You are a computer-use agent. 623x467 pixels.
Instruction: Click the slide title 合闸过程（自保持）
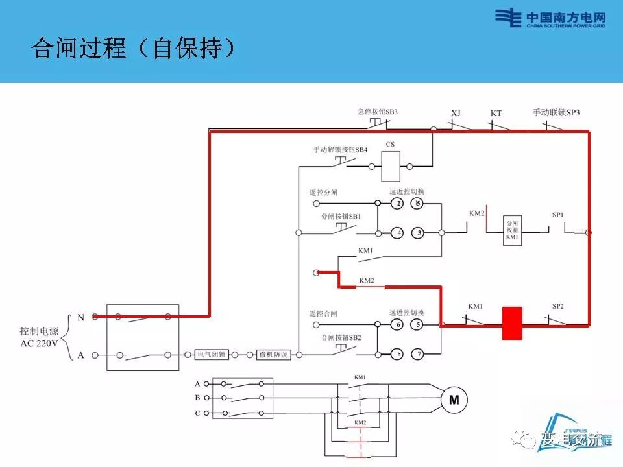132,49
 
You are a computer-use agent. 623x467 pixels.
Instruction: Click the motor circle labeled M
454,401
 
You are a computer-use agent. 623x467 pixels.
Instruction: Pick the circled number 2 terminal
397,204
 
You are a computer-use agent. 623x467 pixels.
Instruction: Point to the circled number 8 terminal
397,353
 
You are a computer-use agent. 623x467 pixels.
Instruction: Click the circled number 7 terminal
419,353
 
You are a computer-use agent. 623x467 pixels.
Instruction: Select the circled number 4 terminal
397,232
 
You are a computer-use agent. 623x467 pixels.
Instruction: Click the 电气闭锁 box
212,355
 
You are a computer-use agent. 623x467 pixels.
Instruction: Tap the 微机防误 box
273,355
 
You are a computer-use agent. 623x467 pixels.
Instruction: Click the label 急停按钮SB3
377,112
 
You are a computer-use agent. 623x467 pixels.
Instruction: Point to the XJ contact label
456,113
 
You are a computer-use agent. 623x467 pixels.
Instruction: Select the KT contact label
496,113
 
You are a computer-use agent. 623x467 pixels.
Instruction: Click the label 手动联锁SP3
556,112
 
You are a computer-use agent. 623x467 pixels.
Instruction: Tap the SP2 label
557,305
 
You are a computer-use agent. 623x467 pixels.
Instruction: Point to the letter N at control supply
81,317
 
